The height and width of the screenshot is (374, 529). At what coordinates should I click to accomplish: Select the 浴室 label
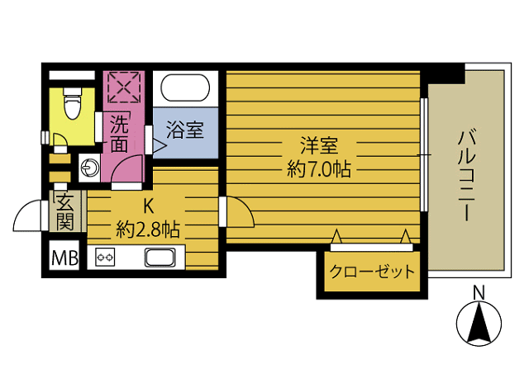coord(183,130)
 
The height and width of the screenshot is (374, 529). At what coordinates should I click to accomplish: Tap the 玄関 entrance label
coord(65,211)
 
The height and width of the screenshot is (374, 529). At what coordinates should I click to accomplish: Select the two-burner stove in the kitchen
coord(106,257)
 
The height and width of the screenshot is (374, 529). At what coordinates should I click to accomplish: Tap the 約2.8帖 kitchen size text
coord(149,228)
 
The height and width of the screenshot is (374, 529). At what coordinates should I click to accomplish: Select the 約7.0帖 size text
coord(318,170)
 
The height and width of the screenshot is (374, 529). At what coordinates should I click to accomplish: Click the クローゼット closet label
coord(371,272)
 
